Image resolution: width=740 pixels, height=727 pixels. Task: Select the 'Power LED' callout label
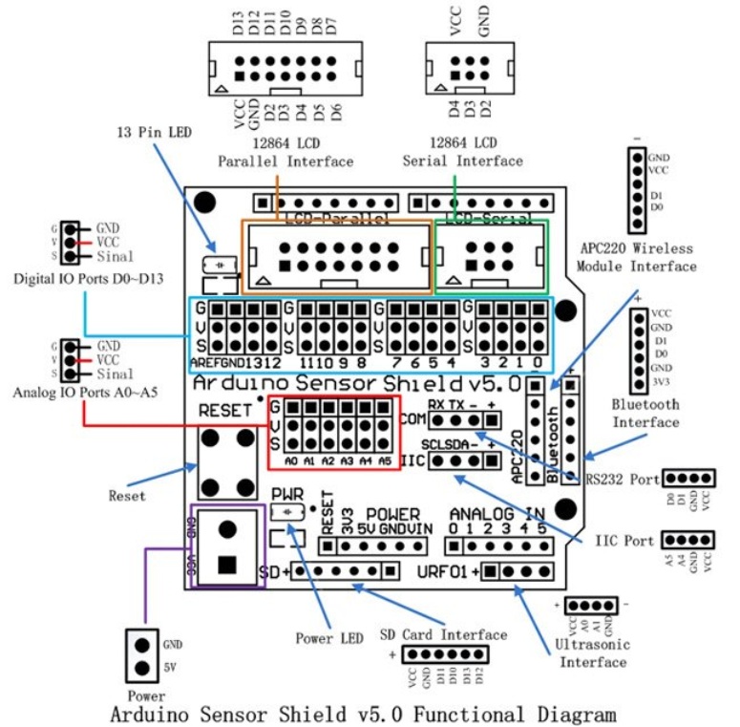tap(329, 637)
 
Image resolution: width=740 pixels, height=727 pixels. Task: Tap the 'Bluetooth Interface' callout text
tap(646, 413)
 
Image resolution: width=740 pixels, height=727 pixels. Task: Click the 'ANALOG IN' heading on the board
tap(498, 514)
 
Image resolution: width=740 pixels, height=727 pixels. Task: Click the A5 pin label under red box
tap(385, 460)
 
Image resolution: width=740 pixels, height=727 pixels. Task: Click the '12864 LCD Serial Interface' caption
tap(463, 152)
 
